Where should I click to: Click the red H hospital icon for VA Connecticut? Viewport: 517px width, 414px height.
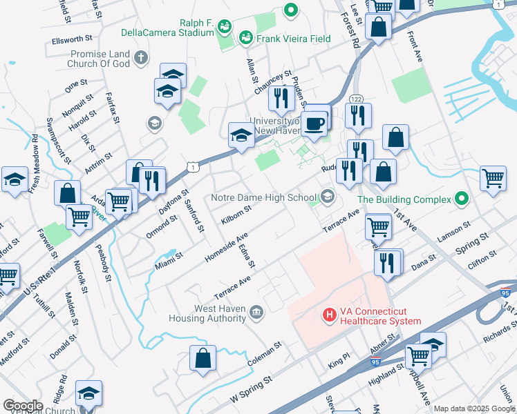coord(329,315)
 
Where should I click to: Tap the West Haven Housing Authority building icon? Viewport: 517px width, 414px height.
coord(256,313)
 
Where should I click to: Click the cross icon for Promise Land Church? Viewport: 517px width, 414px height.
coord(141,57)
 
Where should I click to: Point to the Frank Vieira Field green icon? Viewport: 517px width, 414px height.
coord(244,39)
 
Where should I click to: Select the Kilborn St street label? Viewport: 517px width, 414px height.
coord(236,214)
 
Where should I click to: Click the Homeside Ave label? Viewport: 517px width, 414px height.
coord(226,248)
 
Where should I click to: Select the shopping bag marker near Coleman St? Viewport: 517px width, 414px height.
coord(203,359)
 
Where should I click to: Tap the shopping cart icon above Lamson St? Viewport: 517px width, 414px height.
coord(493,179)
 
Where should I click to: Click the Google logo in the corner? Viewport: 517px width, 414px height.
coord(23,406)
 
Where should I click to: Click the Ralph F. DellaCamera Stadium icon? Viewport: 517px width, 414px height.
coord(223,27)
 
